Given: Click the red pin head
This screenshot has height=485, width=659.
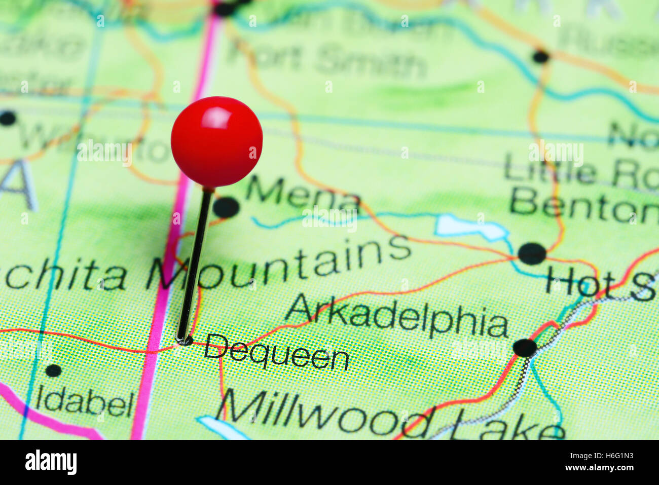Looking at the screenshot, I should (216, 142).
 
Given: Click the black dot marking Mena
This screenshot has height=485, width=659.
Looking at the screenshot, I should (226, 207).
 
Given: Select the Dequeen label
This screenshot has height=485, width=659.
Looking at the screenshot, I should (276, 352).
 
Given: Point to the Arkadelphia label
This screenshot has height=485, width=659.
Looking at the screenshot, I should (397, 316).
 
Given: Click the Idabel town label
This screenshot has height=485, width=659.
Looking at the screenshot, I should (85, 403).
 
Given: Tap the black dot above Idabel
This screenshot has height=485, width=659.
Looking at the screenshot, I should (53, 370).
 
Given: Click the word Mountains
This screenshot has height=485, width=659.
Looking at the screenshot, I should (279, 265).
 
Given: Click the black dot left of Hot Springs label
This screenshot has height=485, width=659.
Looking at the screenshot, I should (532, 253).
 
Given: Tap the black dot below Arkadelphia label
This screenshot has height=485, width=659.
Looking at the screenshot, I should (525, 348).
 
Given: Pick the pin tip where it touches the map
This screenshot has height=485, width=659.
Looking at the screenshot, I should (182, 341).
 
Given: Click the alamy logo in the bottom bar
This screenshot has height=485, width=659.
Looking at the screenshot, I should (51, 462).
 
